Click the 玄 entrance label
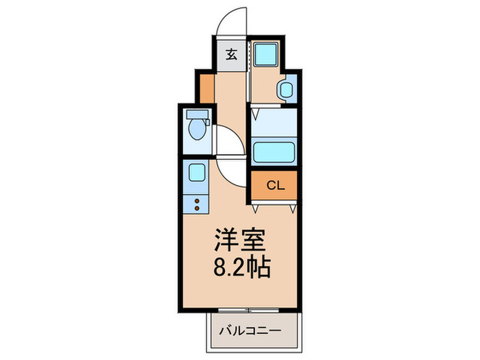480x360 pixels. pos(231,55)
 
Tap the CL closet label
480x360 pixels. pos(275,185)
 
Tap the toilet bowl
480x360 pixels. pos(198,128)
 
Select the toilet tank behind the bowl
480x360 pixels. pos(197,115)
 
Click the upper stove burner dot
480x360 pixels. pos(197,200)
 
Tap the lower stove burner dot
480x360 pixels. pos(197,208)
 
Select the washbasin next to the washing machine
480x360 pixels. pos(286,89)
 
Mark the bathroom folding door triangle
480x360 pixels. pos(256,110)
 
